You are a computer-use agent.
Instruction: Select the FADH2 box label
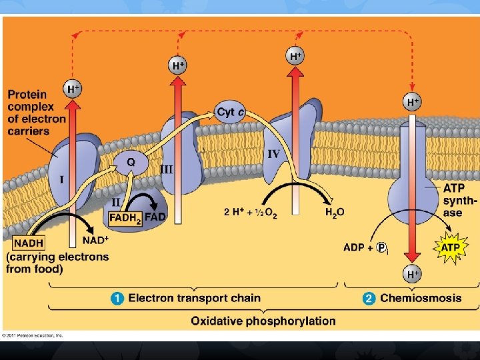pyautogui.click(x=125, y=217)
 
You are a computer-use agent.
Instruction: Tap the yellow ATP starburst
pyautogui.click(x=450, y=247)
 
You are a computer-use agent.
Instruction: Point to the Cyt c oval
pyautogui.click(x=230, y=111)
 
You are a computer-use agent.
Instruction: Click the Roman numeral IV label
pyautogui.click(x=273, y=154)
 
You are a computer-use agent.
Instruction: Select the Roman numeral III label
pyautogui.click(x=167, y=170)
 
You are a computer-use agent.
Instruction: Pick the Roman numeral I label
pyautogui.click(x=61, y=179)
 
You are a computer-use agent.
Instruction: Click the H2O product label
pyautogui.click(x=335, y=213)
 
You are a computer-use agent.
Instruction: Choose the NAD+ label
pyautogui.click(x=95, y=240)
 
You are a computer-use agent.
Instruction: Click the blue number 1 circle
pyautogui.click(x=119, y=298)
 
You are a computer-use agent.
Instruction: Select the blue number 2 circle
pyautogui.click(x=369, y=298)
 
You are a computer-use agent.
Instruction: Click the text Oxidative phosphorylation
pyautogui.click(x=263, y=321)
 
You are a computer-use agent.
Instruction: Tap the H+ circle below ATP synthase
pyautogui.click(x=413, y=273)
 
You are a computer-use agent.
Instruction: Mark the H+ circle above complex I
pyautogui.click(x=73, y=88)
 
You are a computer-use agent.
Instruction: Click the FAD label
pyautogui.click(x=156, y=217)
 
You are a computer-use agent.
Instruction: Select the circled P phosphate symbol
pyautogui.click(x=382, y=247)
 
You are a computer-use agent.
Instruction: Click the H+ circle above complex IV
pyautogui.click(x=296, y=56)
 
